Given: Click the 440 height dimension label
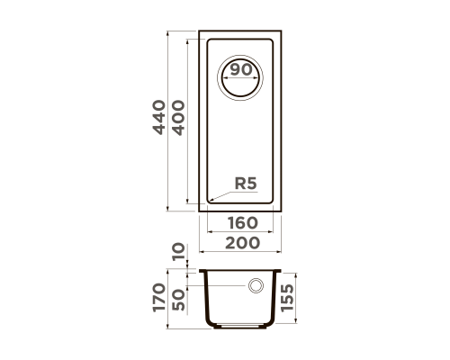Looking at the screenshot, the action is [x=159, y=117].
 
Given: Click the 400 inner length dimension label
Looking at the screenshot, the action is [x=179, y=118].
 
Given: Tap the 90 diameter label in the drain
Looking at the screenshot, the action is [x=241, y=70].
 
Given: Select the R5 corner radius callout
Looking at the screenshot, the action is [x=246, y=184].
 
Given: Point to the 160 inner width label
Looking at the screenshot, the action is [x=243, y=223].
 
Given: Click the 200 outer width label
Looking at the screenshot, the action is [x=242, y=243].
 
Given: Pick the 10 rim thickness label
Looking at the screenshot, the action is [x=179, y=252].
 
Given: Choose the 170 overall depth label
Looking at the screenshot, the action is [x=159, y=298].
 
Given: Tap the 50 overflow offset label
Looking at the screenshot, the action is [x=179, y=300].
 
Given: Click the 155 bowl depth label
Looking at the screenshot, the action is [x=287, y=298].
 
